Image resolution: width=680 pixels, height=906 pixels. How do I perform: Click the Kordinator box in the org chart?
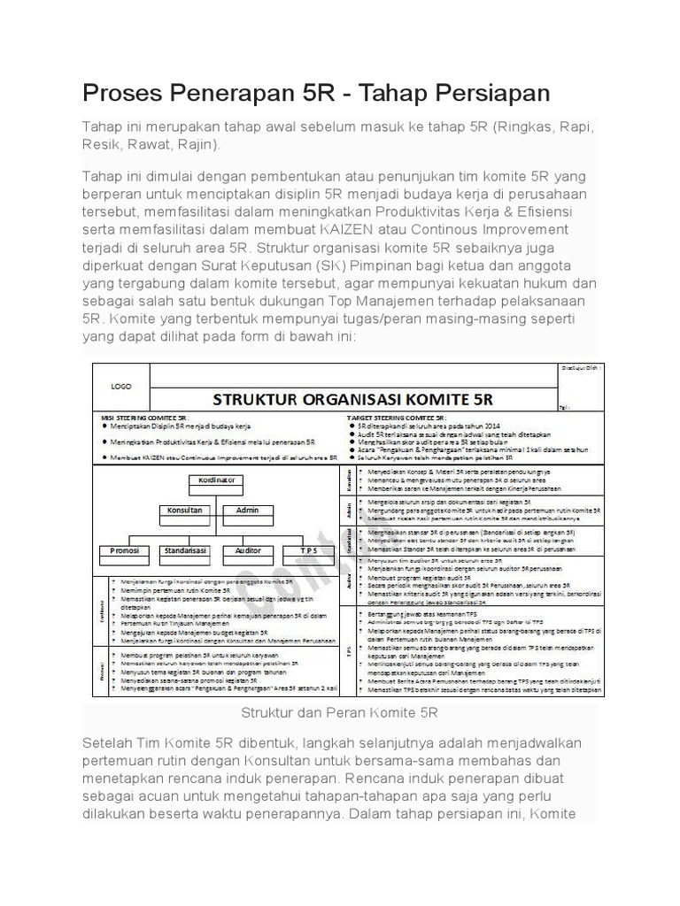click(x=212, y=480)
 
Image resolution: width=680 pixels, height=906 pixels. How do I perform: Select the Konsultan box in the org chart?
click(x=185, y=511)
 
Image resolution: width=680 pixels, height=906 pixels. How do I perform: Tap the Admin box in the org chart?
click(x=241, y=511)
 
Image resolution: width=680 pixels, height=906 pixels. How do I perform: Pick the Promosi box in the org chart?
click(x=124, y=550)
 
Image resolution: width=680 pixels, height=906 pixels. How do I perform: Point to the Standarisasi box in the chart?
click(x=185, y=550)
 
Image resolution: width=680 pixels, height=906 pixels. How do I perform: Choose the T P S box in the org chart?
click(x=307, y=550)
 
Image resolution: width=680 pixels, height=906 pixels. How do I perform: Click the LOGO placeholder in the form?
click(x=120, y=387)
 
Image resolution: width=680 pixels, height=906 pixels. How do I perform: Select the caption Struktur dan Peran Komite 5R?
click(x=340, y=711)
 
